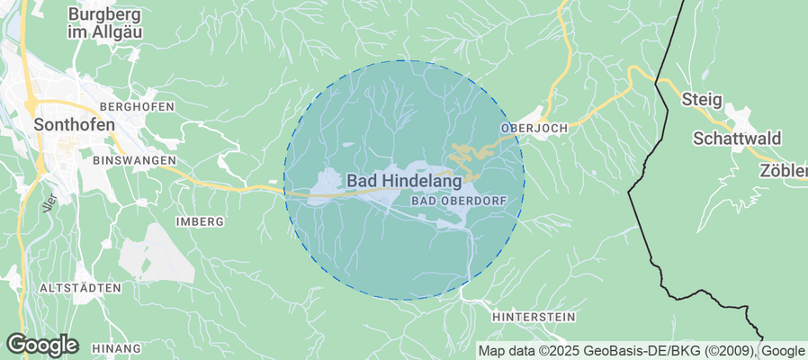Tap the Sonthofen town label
tap(74, 125)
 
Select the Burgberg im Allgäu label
tap(106, 22)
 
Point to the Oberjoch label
tap(534, 129)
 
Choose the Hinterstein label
tap(533, 318)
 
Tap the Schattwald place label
tap(737, 139)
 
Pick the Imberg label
tap(200, 220)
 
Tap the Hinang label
tap(116, 348)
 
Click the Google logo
tap(42, 345)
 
